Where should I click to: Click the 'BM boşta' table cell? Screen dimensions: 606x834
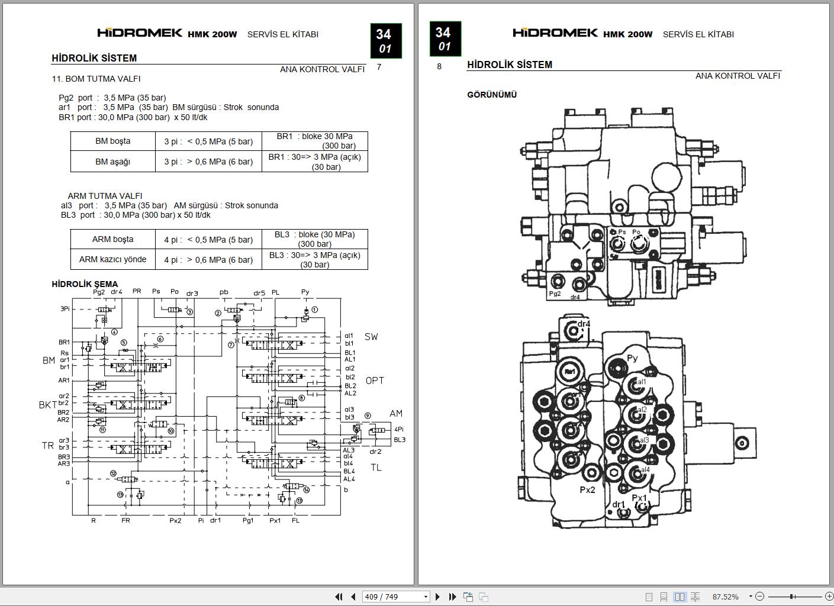112,141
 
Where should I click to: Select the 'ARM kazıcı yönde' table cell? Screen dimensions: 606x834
112,259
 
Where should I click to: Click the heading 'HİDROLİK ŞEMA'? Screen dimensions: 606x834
85,284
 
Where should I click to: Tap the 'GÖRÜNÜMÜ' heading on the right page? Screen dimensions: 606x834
492,95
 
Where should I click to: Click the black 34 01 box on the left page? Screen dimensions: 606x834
386,41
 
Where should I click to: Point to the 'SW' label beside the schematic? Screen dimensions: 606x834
371,337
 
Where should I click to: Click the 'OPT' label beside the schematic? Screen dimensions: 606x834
375,381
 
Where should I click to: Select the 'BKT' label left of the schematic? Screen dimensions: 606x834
47,405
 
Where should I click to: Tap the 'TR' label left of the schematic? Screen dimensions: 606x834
48,446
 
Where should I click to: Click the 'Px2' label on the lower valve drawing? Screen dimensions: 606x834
587,490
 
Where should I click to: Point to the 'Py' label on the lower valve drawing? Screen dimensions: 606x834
632,358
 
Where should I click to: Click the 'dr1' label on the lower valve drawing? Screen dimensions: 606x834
619,505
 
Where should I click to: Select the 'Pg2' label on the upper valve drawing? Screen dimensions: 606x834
555,294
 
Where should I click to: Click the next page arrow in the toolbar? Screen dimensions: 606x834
438,597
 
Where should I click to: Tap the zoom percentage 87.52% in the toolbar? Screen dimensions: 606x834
725,597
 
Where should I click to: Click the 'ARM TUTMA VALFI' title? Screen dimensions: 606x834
105,196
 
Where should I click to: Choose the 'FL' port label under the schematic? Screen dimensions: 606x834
295,521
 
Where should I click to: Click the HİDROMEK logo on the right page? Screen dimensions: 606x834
555,33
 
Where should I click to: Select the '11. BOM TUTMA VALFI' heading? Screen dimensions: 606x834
96,79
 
